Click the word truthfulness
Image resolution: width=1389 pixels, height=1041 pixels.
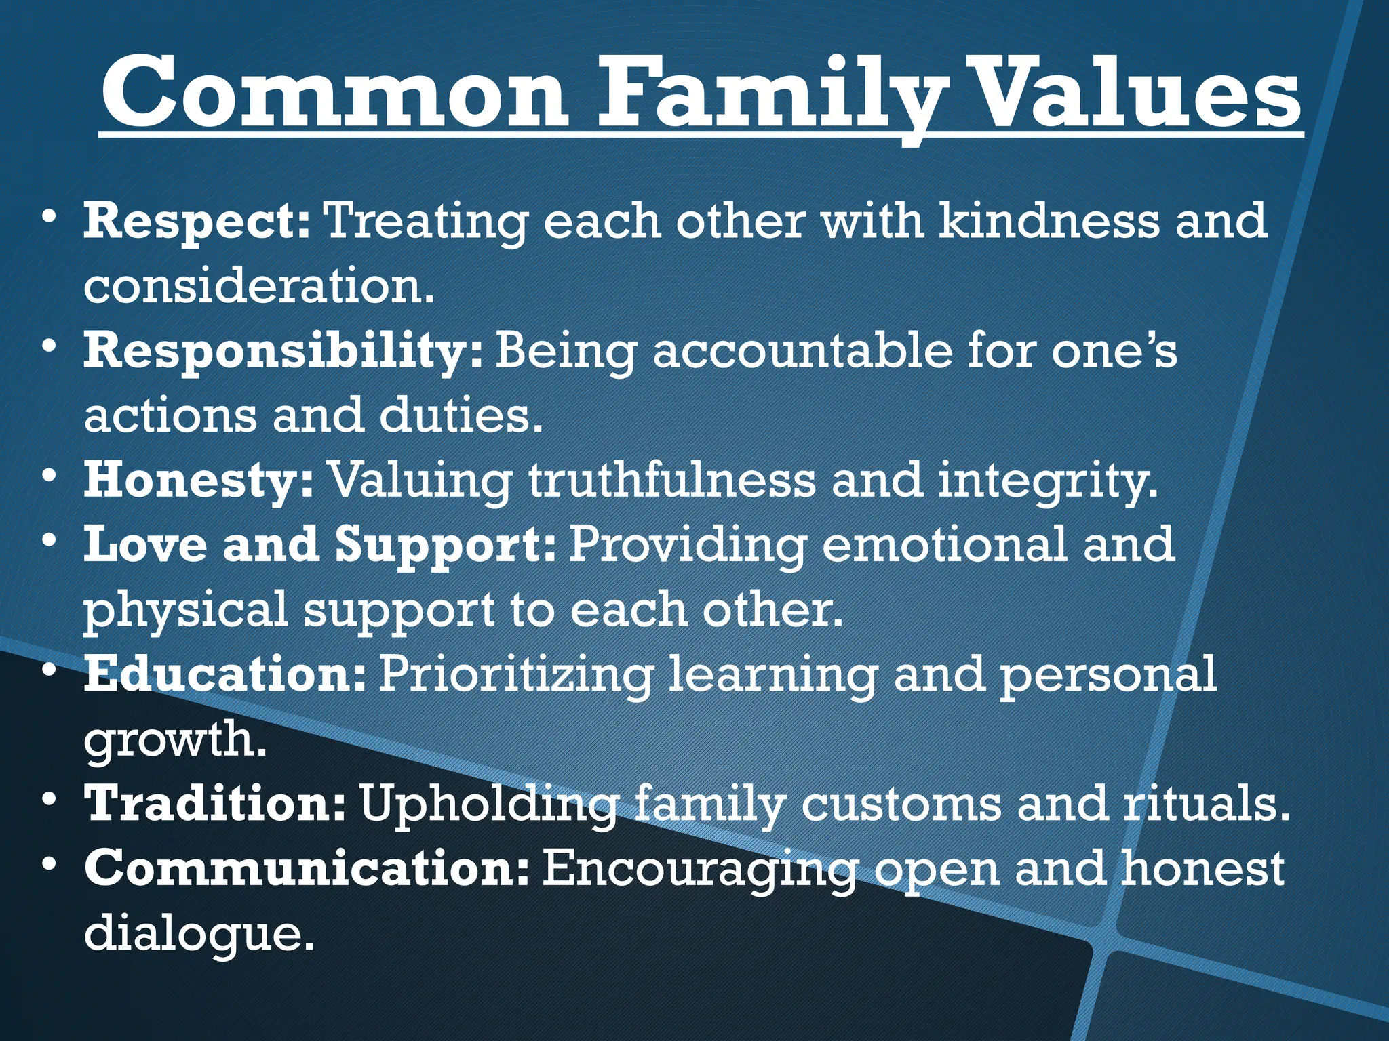671,481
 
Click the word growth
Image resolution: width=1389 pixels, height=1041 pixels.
174,740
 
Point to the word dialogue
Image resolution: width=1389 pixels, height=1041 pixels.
198,933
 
